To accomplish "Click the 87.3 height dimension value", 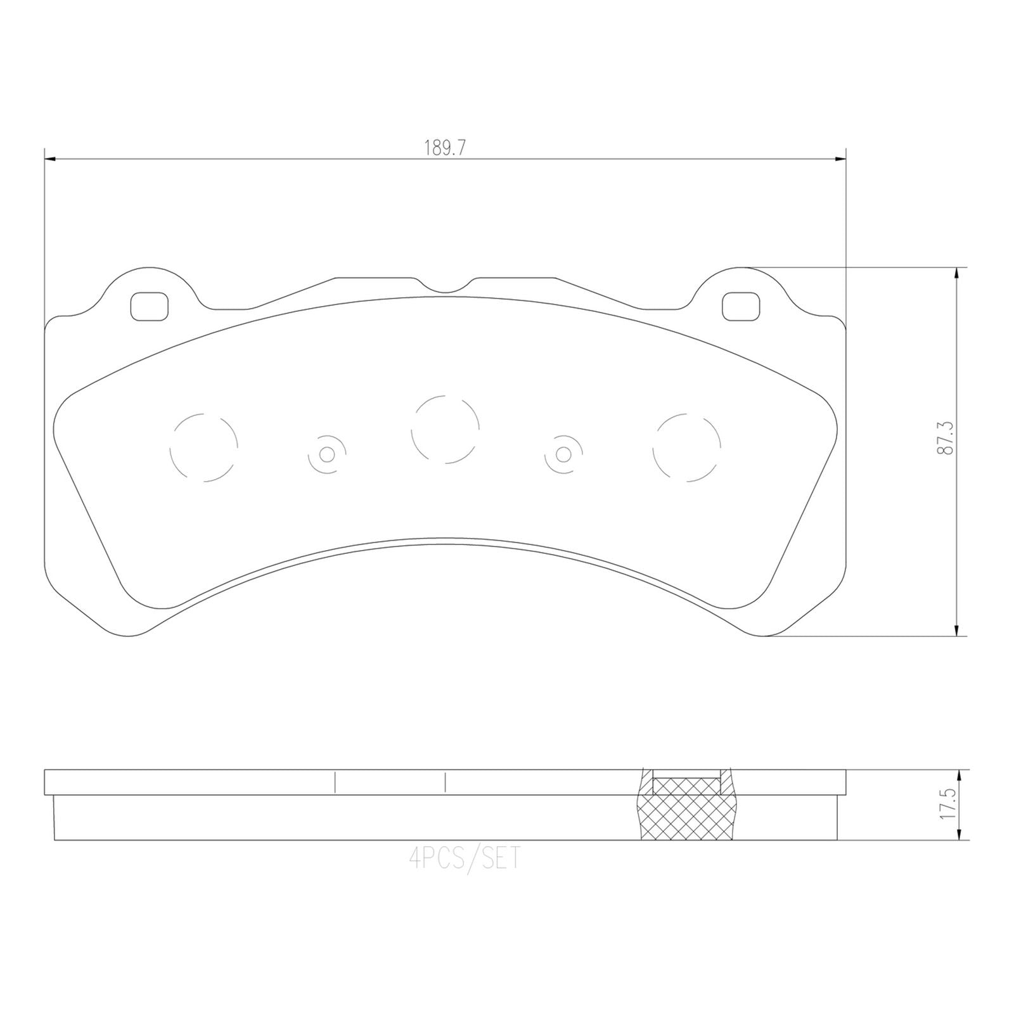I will (x=948, y=439).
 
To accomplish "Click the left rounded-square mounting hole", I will (x=150, y=306).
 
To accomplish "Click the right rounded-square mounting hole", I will (x=741, y=306).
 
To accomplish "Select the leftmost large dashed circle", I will (x=204, y=447).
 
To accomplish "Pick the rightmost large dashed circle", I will (x=687, y=447).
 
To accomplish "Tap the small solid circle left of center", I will (x=326, y=454).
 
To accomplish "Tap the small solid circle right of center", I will (x=562, y=454).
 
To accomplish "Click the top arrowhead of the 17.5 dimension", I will (x=961, y=775).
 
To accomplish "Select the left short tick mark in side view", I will (x=334, y=782).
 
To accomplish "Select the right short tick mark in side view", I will (x=446, y=782).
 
